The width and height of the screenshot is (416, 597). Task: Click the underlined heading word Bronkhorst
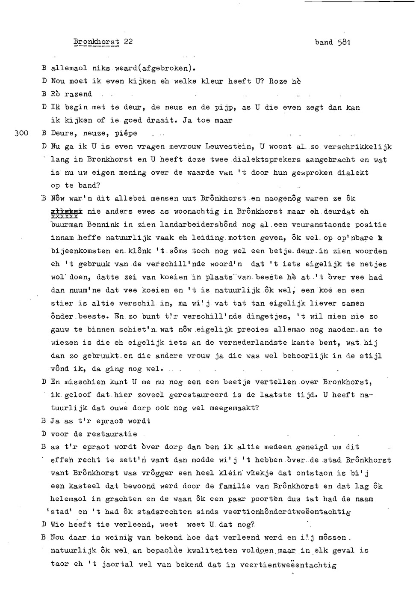pyautogui.click(x=96, y=42)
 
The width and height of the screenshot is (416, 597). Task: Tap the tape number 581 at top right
pyautogui.click(x=344, y=42)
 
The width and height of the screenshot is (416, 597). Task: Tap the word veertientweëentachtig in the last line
pyautogui.click(x=288, y=564)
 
